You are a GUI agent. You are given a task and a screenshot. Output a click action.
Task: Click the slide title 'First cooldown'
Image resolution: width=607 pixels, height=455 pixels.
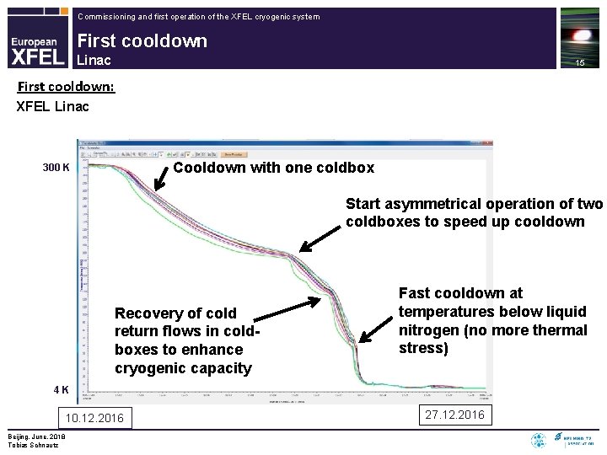click(x=142, y=41)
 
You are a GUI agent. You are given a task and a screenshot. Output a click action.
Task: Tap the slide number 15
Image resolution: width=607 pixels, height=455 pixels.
click(x=579, y=64)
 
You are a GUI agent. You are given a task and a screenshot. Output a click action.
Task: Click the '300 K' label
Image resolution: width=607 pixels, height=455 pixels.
click(x=56, y=168)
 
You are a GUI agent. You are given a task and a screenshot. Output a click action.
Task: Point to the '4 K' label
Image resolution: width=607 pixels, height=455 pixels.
click(x=61, y=390)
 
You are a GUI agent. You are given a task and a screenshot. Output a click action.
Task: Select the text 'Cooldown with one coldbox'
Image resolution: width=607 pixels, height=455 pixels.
click(x=273, y=168)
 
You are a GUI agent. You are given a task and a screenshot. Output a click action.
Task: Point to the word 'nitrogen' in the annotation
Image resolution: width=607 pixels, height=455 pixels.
click(x=428, y=329)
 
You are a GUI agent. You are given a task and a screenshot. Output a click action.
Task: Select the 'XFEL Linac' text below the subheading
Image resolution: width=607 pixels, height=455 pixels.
click(x=53, y=107)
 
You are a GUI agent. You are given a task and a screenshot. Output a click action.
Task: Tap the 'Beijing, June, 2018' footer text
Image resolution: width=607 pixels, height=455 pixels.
click(x=35, y=436)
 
